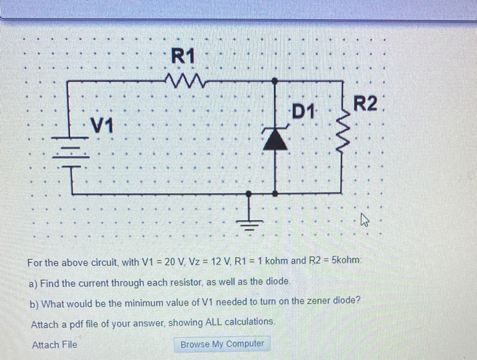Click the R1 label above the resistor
coord(183,57)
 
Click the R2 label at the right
coord(365,104)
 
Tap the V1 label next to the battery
coord(102,125)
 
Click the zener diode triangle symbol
coord(275,140)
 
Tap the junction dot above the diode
coord(275,81)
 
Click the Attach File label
coord(55,344)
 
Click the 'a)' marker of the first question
coord(34,282)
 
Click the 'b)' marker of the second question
coord(34,301)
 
